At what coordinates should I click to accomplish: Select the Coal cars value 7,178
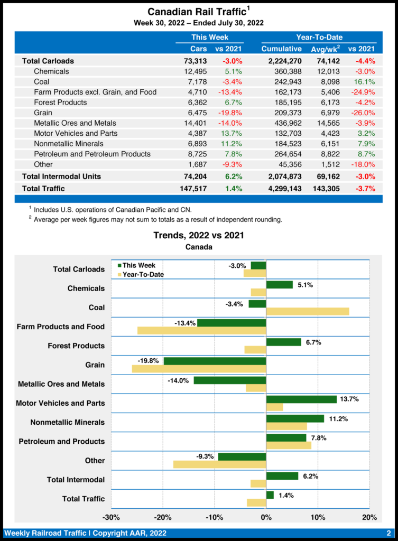click(x=195, y=82)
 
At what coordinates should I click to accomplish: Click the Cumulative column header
click(x=281, y=49)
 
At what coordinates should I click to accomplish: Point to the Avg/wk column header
click(x=325, y=49)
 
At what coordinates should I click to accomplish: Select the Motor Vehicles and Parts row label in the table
click(x=76, y=133)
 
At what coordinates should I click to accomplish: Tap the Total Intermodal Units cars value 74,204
click(x=195, y=176)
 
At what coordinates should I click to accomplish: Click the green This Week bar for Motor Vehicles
click(x=301, y=399)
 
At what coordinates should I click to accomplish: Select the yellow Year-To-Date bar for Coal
click(x=308, y=311)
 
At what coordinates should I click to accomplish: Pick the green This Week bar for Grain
click(x=215, y=361)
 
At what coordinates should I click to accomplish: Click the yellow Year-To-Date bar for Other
click(x=219, y=464)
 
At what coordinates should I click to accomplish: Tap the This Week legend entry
click(x=136, y=266)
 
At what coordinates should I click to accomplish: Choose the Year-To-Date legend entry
click(x=140, y=274)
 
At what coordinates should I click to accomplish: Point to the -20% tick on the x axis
click(x=162, y=517)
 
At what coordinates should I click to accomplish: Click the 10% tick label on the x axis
click(x=318, y=517)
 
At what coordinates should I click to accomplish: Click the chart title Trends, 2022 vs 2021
click(x=199, y=235)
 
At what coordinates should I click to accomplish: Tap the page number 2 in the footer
click(x=388, y=533)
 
